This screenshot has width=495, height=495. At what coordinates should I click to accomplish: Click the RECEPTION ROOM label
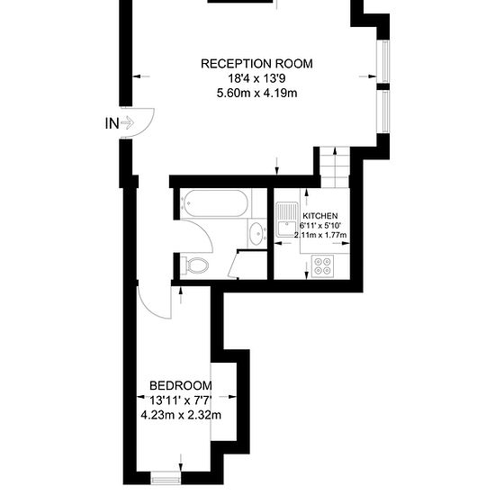[256, 64]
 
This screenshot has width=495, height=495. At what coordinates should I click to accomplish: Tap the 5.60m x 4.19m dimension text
[256, 93]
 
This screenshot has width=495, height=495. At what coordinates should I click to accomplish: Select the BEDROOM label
[181, 385]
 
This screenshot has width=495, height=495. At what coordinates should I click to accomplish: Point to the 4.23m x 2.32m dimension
[181, 415]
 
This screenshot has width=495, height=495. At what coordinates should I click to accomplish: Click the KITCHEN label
[320, 216]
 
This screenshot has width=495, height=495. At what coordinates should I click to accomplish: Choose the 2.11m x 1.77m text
[320, 235]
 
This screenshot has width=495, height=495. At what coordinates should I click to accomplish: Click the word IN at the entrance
[112, 123]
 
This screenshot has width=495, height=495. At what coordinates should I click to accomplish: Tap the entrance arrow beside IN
[127, 122]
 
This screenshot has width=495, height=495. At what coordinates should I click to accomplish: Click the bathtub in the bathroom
[215, 203]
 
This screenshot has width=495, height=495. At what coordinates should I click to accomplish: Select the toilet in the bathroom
[194, 265]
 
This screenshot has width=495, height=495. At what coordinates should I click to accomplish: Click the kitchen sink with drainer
[286, 220]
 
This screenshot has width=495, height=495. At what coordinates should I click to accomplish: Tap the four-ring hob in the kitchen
[322, 266]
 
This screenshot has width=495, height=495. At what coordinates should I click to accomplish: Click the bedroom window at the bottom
[166, 481]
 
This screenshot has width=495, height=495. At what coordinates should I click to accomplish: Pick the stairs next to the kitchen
[335, 167]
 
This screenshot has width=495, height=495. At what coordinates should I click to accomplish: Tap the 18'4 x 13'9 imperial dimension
[256, 78]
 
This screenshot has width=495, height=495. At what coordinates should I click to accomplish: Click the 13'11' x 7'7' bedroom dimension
[180, 400]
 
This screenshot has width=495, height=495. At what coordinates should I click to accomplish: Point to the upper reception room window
[384, 61]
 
